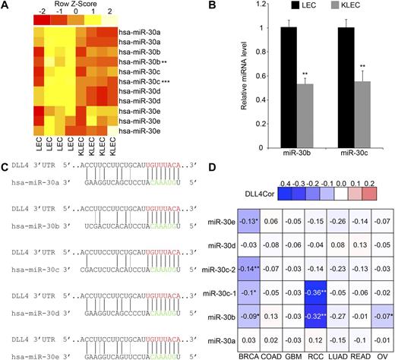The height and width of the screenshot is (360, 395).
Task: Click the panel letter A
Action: pyautogui.click(x=6, y=6)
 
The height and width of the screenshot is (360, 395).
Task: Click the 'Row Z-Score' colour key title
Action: pyautogui.click(x=65, y=7)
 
